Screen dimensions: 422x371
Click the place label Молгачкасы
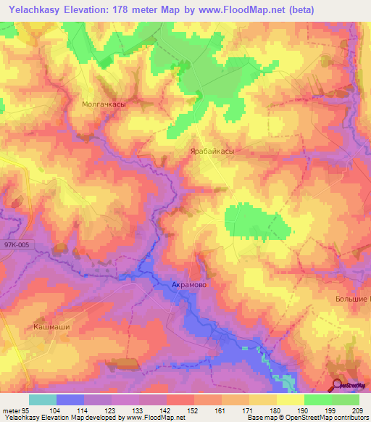tap(102, 104)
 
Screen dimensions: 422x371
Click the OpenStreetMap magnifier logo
tap(336, 386)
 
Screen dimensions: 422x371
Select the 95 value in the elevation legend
tap(27, 410)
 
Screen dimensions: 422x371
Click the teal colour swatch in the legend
tap(42, 400)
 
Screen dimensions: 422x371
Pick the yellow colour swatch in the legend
tap(290, 400)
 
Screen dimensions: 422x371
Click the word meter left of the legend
tap(11, 410)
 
